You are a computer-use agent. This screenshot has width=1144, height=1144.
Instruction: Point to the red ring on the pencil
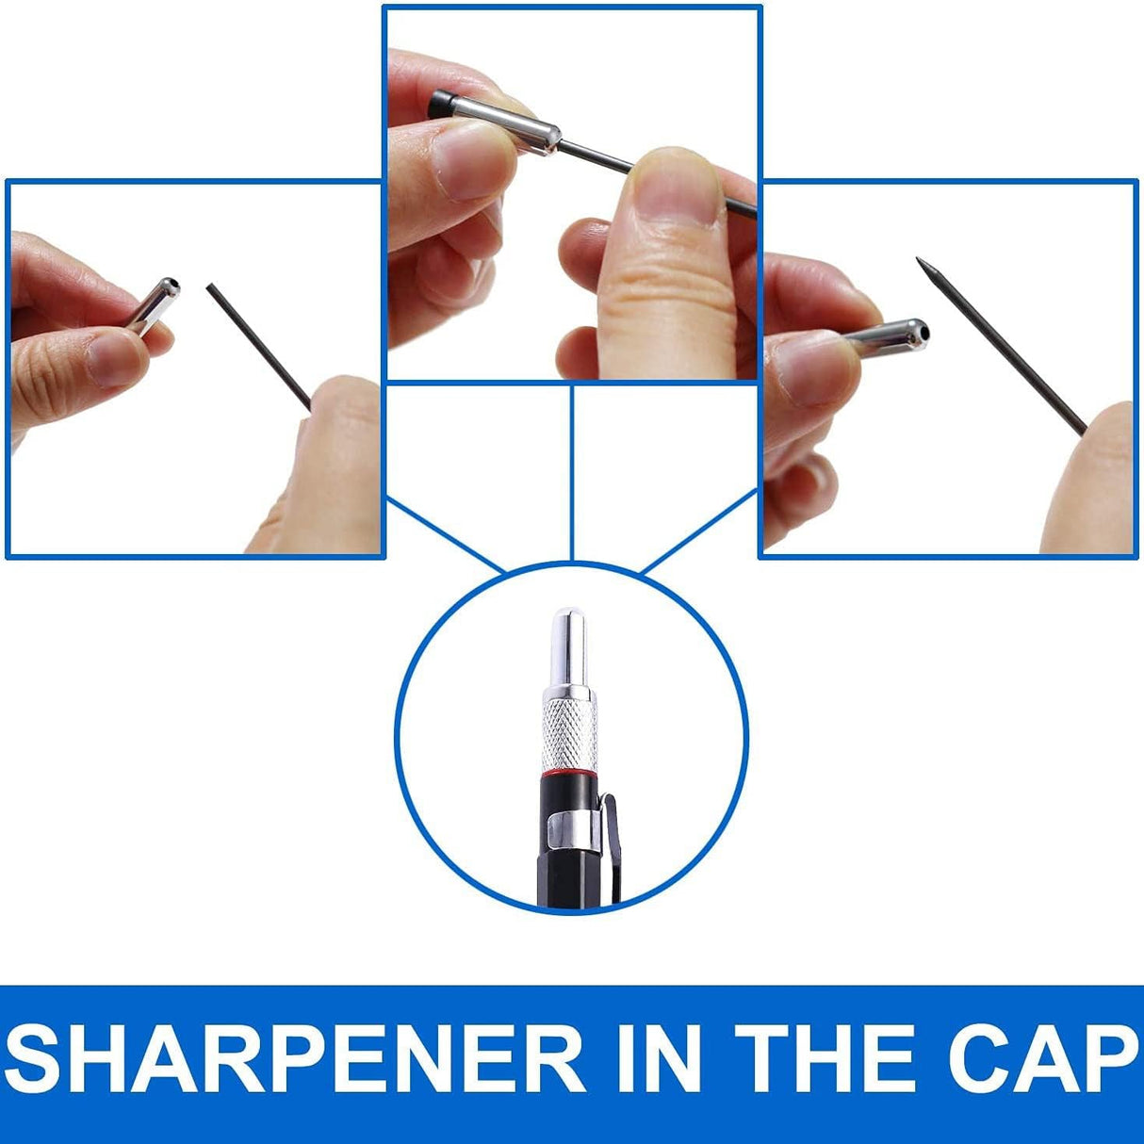tap(570, 773)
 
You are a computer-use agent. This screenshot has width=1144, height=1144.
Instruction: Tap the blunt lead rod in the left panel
tap(258, 347)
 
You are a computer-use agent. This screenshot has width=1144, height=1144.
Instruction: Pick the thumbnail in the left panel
tap(115, 359)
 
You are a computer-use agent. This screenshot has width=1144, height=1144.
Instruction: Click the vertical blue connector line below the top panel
tap(572, 472)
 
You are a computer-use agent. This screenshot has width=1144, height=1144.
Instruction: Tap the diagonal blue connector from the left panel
tap(447, 536)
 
